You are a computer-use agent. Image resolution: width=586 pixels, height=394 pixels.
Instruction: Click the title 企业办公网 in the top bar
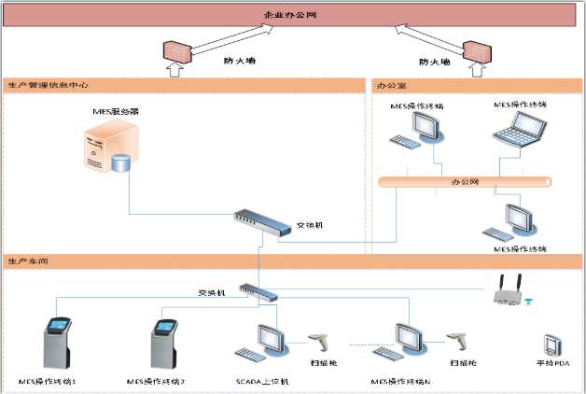[x=292, y=15]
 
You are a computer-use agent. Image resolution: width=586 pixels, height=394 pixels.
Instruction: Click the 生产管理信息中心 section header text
[x=48, y=85]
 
